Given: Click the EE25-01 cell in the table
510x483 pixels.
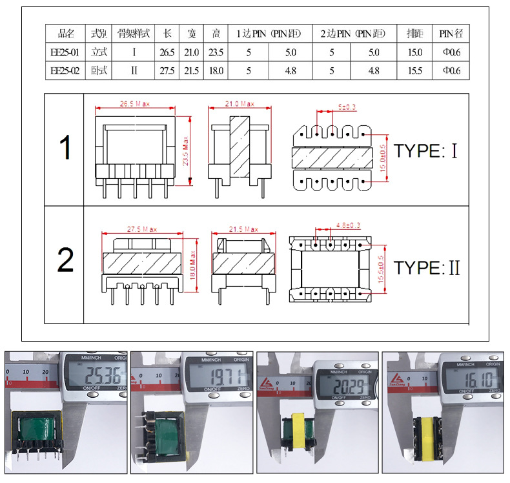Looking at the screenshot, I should pyautogui.click(x=65, y=52).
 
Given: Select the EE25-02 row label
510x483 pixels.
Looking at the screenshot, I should pyautogui.click(x=65, y=70).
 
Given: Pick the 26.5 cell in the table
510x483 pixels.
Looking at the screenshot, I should pyautogui.click(x=167, y=52).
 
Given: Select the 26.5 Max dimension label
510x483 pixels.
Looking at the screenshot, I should pyautogui.click(x=135, y=104).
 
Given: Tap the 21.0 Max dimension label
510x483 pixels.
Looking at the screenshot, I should pyautogui.click(x=239, y=104).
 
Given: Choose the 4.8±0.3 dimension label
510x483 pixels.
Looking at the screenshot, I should pyautogui.click(x=348, y=225).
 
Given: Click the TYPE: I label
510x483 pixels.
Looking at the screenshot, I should pyautogui.click(x=425, y=152).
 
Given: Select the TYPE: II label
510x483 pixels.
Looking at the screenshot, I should pyautogui.click(x=427, y=267).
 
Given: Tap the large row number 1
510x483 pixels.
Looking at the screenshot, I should pyautogui.click(x=66, y=148).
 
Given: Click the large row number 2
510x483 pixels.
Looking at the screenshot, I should pyautogui.click(x=66, y=260).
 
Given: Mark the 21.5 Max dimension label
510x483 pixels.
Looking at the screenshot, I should pyautogui.click(x=243, y=229).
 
